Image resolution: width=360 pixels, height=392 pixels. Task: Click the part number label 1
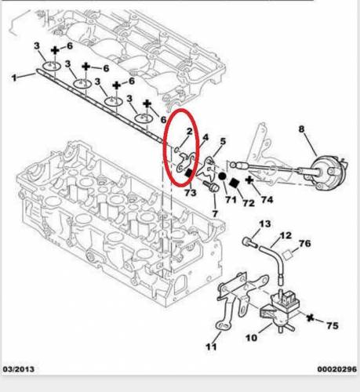coord(14,78)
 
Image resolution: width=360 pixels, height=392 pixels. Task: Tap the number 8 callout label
coord(302,129)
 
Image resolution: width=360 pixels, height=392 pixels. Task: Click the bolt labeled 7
coord(211,187)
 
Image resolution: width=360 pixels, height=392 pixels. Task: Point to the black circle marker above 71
coord(222,176)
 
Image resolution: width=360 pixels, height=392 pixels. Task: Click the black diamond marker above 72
coord(235,183)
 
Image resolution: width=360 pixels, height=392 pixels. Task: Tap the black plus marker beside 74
coord(249,180)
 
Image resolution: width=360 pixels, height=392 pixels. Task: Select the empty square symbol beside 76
coord(288,255)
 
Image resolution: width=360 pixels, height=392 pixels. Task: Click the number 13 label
coord(265,224)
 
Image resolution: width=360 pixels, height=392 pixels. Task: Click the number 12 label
coord(285,235)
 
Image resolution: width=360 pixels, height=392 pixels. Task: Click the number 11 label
coord(211,347)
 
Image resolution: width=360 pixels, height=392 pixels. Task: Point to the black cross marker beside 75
coord(311,318)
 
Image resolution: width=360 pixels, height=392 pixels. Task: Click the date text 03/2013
coord(19,369)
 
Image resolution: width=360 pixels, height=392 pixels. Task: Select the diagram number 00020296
coord(336,369)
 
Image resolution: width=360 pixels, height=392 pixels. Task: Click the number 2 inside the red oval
coord(189,131)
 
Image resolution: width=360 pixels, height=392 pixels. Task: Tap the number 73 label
coord(190,193)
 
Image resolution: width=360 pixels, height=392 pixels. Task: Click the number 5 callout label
coord(223,141)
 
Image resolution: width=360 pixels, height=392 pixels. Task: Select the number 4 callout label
coord(205,137)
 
